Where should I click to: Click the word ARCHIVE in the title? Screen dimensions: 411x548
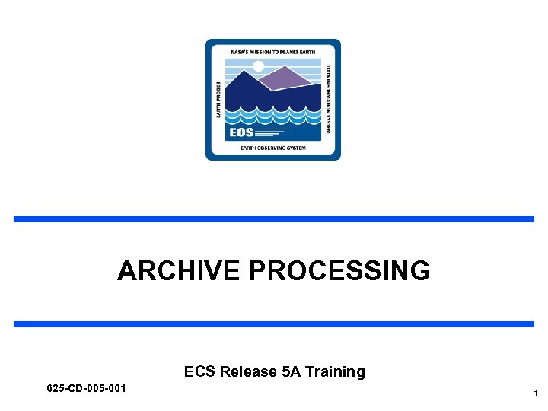coord(180,270)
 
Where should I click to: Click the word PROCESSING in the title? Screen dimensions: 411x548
coord(339,270)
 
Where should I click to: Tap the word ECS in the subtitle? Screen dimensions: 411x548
coord(200,371)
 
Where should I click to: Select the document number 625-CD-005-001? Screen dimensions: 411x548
coord(86,389)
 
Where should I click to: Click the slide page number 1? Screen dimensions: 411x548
coord(536,393)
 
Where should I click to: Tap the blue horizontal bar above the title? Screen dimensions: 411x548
coord(273,219)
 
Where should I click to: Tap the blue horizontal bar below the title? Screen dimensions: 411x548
coord(273,324)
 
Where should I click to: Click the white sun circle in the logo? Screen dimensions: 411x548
coord(258,66)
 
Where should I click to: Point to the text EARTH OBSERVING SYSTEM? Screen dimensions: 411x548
coord(272,148)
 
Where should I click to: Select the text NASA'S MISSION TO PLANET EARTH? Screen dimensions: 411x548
coord(272,51)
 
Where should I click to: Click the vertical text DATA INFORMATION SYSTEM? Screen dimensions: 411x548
coord(328,99)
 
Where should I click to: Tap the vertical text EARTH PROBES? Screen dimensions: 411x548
coord(218,100)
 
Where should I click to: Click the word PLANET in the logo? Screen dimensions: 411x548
coord(292,51)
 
